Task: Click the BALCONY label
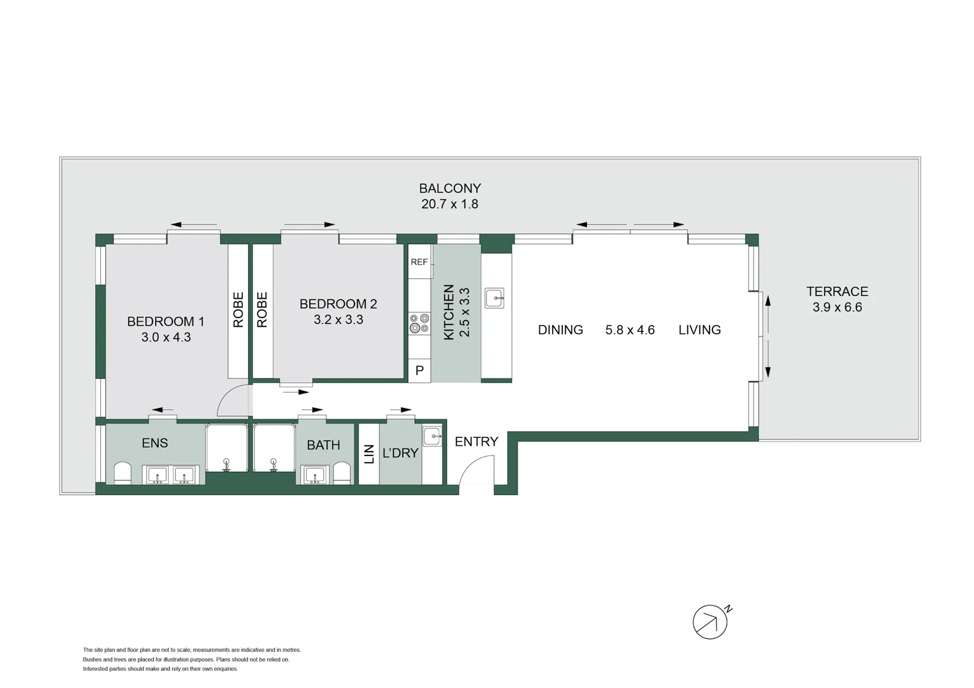pyautogui.click(x=449, y=189)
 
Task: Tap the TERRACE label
pyautogui.click(x=837, y=292)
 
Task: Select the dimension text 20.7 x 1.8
pyautogui.click(x=449, y=204)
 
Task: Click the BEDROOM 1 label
pyautogui.click(x=166, y=322)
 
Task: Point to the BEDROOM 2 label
pyautogui.click(x=338, y=305)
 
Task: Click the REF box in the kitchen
pyautogui.click(x=419, y=262)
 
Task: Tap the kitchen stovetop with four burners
pyautogui.click(x=419, y=323)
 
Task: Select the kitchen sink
pyautogui.click(x=494, y=297)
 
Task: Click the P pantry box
pyautogui.click(x=419, y=370)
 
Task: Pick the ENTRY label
pyautogui.click(x=476, y=441)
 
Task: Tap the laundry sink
pyautogui.click(x=433, y=436)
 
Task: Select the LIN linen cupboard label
pyautogui.click(x=369, y=454)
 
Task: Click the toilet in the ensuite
pyautogui.click(x=122, y=474)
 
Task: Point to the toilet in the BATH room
pyautogui.click(x=342, y=473)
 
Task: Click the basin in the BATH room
pyautogui.click(x=314, y=475)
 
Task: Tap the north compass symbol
pyautogui.click(x=710, y=622)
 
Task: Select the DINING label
pyautogui.click(x=560, y=330)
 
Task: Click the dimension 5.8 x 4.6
pyautogui.click(x=630, y=330)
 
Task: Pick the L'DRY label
pyautogui.click(x=400, y=453)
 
